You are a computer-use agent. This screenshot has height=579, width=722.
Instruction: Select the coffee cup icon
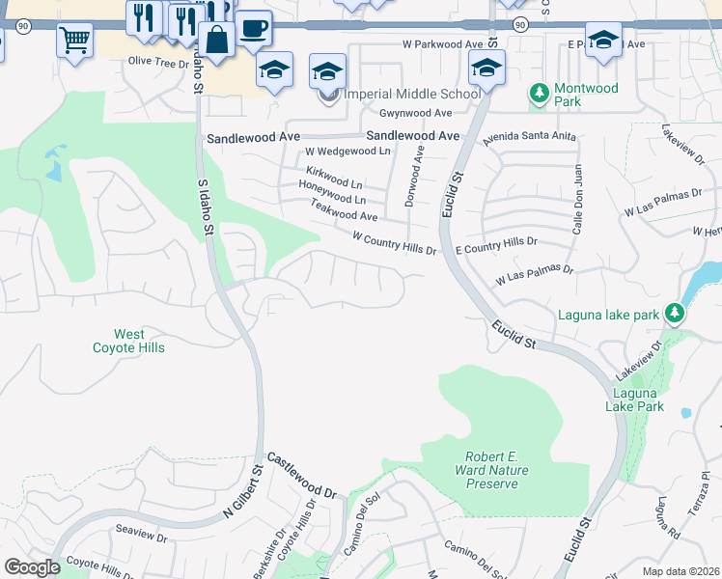click(253, 28)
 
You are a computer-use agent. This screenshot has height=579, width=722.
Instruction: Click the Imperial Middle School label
click(411, 94)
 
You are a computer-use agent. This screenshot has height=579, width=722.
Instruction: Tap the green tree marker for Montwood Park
click(539, 94)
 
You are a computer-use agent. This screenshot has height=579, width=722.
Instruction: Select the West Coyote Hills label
click(128, 341)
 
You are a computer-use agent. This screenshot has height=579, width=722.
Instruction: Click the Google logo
click(32, 567)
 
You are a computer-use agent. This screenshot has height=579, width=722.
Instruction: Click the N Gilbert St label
click(243, 494)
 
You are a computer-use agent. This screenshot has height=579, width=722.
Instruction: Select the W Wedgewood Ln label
click(347, 152)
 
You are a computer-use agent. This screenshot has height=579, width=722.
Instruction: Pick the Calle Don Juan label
click(577, 198)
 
